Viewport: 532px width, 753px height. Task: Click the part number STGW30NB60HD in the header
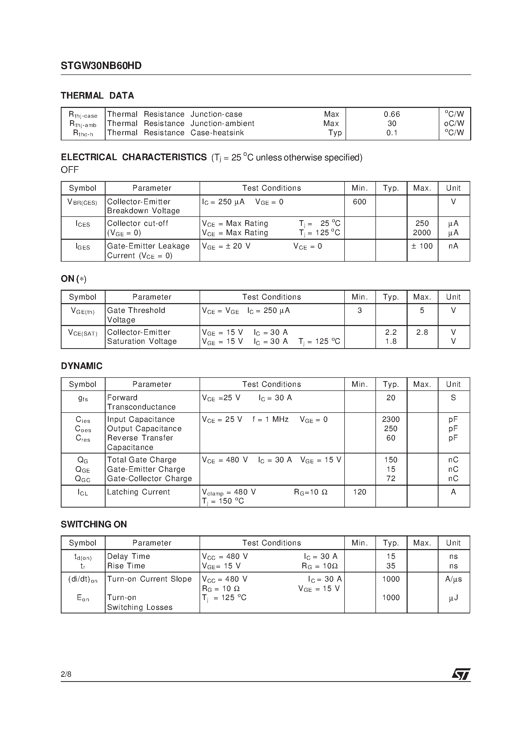click(101, 66)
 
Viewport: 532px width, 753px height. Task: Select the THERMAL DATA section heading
click(97, 96)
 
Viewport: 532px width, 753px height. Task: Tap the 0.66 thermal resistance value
click(392, 114)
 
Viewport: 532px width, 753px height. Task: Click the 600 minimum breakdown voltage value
click(359, 202)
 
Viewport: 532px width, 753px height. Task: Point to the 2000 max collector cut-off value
click(422, 233)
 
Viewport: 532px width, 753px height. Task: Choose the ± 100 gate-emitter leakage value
click(422, 246)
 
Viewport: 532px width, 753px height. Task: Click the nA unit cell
click(453, 246)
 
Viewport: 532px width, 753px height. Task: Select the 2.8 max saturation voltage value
click(422, 332)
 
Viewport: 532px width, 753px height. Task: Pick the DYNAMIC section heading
click(82, 366)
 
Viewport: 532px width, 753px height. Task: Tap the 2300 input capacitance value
click(391, 419)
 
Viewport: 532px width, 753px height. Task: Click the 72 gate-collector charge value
click(391, 478)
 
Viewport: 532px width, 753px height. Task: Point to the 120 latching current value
click(359, 492)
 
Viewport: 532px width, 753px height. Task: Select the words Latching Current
click(139, 492)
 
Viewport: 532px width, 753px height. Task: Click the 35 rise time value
click(391, 566)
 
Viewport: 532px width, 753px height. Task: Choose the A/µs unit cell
click(453, 579)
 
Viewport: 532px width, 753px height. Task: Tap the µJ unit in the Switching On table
click(453, 598)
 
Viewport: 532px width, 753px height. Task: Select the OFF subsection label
click(70, 170)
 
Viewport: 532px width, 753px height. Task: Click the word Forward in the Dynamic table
click(122, 398)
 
